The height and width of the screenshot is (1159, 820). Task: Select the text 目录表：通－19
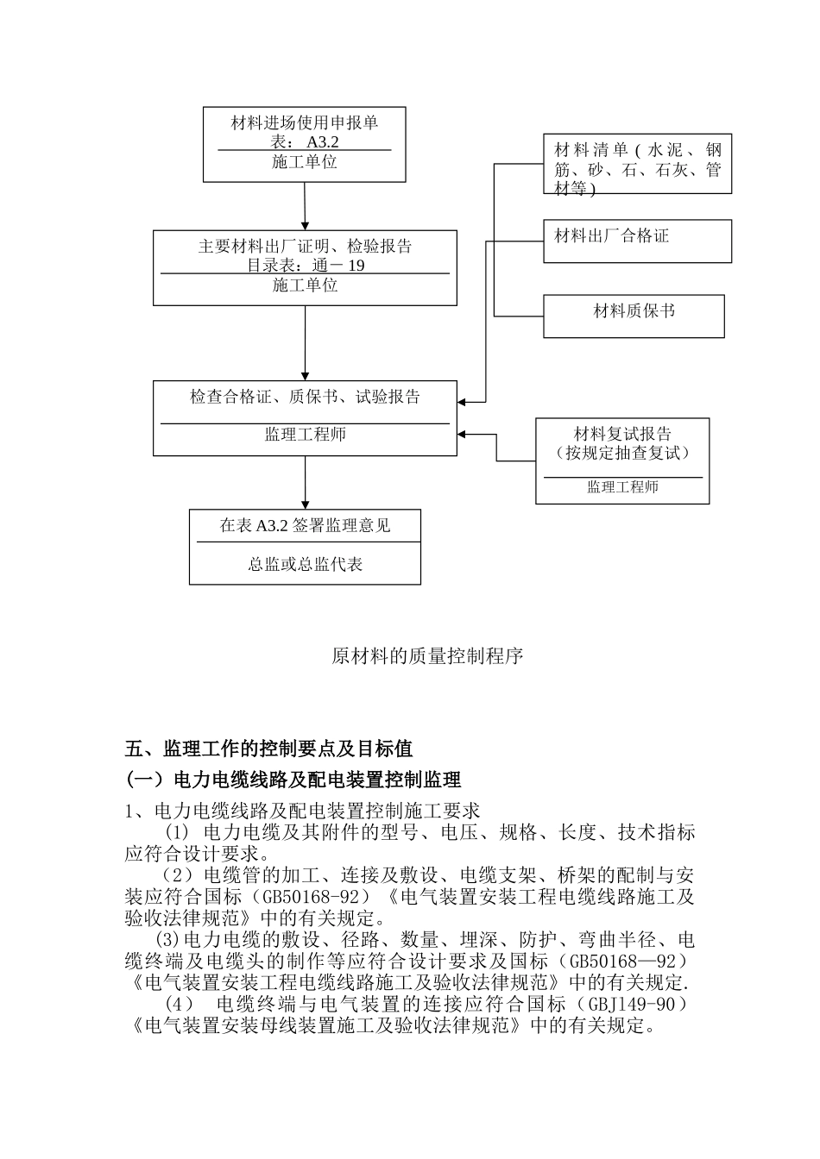coord(306,266)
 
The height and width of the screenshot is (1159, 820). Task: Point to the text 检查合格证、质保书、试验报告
coord(306,398)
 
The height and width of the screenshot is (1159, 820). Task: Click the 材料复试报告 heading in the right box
coord(622,435)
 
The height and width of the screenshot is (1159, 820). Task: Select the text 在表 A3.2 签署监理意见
coord(305,526)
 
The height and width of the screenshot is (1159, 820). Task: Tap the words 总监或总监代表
coord(306,565)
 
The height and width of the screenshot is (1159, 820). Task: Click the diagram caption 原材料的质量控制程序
coord(428,656)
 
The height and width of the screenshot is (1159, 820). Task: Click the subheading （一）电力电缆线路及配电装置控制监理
coord(293,780)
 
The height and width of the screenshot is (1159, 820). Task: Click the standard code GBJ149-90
coord(635,1005)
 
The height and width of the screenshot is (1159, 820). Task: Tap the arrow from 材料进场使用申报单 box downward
coord(305,207)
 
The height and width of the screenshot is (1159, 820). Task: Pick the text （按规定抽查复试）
coord(622,454)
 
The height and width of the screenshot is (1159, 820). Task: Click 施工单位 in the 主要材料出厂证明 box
coord(306,285)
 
